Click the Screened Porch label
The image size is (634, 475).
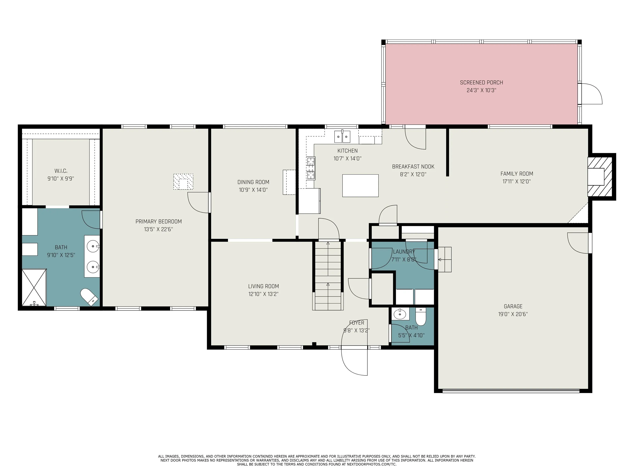click(x=481, y=82)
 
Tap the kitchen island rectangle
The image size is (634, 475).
click(x=360, y=186)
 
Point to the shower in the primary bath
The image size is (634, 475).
click(x=34, y=287)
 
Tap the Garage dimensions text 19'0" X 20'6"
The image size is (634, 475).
click(x=513, y=314)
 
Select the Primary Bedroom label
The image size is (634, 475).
click(x=158, y=221)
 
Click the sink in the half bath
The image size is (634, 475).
click(x=400, y=314)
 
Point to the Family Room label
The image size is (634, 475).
click(x=517, y=174)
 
